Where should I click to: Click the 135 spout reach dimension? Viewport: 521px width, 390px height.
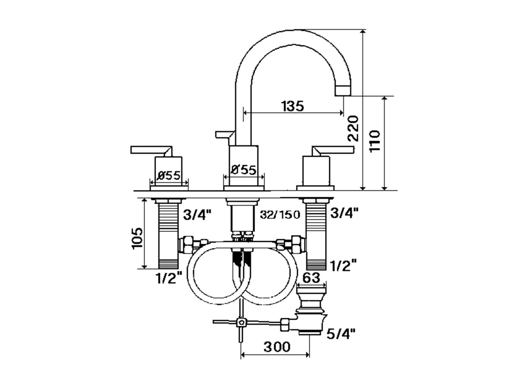pos(293,106)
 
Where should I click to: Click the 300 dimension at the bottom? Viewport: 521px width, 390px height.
pos(276,346)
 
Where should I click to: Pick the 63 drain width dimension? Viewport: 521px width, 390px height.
pos(311,278)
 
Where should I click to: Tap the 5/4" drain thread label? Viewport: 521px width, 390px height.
pos(341,334)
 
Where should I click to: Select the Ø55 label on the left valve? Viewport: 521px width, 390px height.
pos(169,175)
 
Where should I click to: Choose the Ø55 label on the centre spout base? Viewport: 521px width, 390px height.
pos(244,170)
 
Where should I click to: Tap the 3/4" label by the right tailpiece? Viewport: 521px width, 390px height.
pos(344,213)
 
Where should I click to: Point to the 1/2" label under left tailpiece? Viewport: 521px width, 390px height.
pos(169,278)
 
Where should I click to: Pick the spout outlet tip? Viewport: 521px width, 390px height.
pos(343,90)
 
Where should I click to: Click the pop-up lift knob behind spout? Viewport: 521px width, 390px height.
pos(224,134)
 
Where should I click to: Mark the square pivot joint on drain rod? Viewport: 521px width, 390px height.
pos(240,322)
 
